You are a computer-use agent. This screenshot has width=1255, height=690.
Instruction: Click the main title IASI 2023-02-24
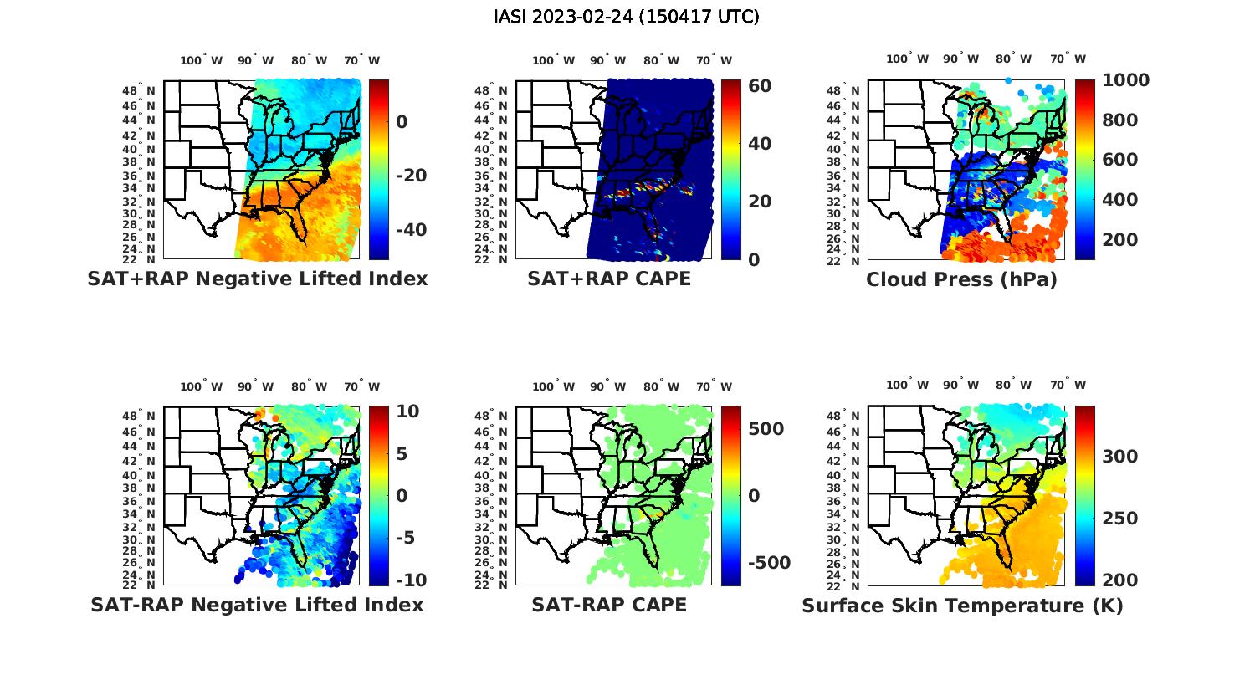coord(627,16)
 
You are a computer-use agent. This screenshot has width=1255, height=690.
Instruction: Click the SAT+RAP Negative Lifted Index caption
coord(257,279)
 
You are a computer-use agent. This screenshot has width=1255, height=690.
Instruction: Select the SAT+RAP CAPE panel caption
coord(609,279)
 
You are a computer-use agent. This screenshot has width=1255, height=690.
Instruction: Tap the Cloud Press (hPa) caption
coord(961,279)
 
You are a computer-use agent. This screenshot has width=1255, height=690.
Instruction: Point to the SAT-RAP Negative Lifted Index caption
coord(257,605)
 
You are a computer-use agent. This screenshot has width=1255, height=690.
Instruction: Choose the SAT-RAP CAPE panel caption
coord(609,605)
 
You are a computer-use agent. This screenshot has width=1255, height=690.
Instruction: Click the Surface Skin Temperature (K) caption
coord(962,606)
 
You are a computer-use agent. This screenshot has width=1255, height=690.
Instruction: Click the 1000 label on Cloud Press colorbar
coord(1125,80)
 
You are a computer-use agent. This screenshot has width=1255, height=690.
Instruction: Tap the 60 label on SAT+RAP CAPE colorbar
coord(760,86)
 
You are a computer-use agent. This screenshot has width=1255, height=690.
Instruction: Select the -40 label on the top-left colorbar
coord(410,230)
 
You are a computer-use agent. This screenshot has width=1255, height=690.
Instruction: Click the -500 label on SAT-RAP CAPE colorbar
coord(767,563)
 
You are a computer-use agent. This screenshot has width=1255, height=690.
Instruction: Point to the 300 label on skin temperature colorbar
coord(1119,456)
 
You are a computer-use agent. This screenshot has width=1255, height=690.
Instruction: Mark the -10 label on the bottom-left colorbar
coord(410,580)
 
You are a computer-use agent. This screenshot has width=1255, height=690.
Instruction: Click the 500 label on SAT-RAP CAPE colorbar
coord(766,429)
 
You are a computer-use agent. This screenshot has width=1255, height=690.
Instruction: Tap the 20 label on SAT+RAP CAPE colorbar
coord(760,202)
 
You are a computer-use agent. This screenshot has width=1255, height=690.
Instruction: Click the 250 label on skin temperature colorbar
coord(1119,519)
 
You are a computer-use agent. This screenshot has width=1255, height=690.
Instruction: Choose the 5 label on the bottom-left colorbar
coord(401,454)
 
